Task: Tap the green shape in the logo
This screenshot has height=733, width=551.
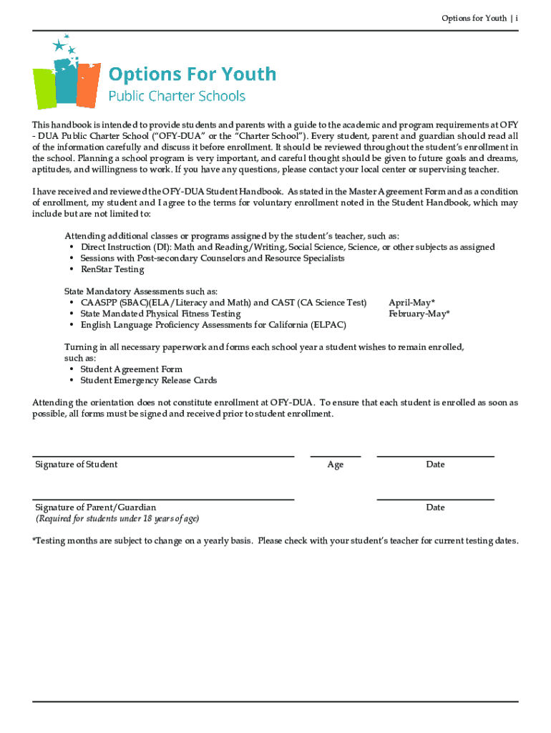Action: coord(44,88)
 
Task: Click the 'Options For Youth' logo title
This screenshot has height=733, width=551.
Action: coord(192,74)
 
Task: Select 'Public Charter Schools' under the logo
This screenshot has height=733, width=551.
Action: coord(176,96)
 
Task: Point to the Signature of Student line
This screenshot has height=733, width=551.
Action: coord(163,456)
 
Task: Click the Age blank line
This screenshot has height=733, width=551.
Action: coord(335,456)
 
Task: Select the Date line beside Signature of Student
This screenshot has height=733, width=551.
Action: coord(435,456)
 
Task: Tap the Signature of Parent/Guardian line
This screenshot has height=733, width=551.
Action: coord(163,499)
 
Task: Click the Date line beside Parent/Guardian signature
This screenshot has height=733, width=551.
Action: coord(435,499)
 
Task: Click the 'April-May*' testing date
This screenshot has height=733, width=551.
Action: coord(411,303)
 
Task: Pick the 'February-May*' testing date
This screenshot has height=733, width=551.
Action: coord(419,314)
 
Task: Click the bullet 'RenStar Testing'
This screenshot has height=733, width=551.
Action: coord(112,269)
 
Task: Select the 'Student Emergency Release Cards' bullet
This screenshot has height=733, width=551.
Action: coord(148,380)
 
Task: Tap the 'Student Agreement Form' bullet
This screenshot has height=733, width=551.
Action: coord(131,369)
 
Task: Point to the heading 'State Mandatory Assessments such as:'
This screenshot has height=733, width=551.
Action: coord(141,291)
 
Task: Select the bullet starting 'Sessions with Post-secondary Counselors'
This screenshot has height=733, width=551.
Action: coord(212,258)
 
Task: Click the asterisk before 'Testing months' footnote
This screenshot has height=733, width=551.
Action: coord(34,540)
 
